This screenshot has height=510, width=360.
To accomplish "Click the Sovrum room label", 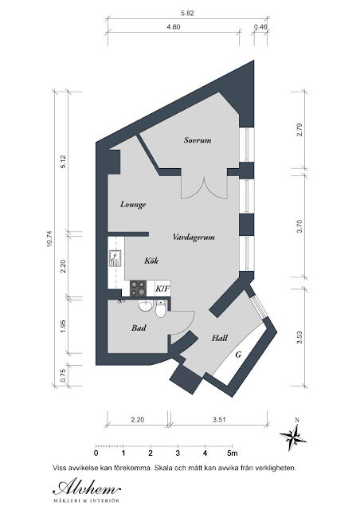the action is point(198,140).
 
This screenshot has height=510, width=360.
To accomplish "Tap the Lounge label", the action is point(133,205).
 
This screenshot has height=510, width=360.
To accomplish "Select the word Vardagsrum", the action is point(194,237).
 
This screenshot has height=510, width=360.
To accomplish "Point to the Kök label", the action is point(151,261).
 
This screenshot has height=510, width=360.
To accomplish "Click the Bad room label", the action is point(139,328).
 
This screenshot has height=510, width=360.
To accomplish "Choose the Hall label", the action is point(220,338).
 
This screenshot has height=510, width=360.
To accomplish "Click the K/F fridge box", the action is point(162,288).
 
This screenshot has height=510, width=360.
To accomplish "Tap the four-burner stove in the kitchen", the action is point(138,288).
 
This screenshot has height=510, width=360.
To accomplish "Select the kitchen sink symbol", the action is point(115,258).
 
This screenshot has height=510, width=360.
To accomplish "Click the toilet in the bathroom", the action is point(160,308).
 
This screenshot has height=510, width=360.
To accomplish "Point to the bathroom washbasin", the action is point(146,305).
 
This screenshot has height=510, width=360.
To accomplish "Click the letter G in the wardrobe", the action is point(238,355).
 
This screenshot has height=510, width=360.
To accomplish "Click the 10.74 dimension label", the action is point(49,239).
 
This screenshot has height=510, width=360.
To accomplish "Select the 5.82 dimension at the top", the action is point(187,14).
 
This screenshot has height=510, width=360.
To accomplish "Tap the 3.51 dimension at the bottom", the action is point(219,420).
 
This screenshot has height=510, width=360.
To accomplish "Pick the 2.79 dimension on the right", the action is point(299,129).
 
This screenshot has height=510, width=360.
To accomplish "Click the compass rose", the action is point(294,435).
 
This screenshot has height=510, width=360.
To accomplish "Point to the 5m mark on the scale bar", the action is point(233,453).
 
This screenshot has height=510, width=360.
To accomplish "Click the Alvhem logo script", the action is point(87,487).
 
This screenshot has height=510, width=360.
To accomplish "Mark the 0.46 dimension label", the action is point(260,27).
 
